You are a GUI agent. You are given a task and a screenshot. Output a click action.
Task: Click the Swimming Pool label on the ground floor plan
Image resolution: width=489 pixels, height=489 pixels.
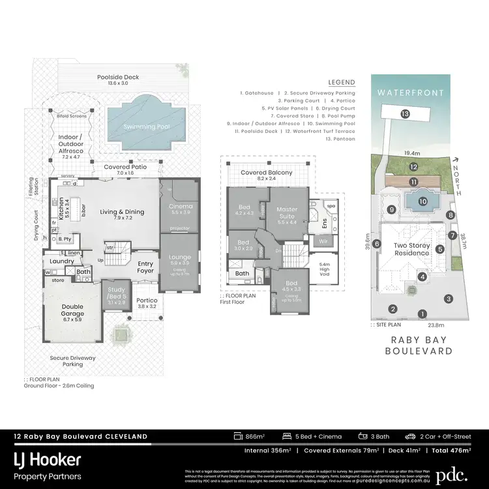coord(151,126)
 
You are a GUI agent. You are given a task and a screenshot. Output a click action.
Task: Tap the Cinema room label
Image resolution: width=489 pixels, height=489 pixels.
coord(176,209)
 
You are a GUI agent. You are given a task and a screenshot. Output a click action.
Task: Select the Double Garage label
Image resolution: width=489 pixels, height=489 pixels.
coord(72,314)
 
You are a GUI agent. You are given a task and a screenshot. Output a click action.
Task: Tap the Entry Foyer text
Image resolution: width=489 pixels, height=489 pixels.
coord(145,267)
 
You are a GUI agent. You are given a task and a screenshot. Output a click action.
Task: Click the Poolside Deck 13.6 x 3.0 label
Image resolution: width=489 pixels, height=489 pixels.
coord(118,80)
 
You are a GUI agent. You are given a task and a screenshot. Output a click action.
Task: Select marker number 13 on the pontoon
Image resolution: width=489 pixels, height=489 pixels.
coord(405,114)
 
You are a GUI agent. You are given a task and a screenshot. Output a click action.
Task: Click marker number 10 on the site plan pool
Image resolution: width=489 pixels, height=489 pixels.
coord(422,201)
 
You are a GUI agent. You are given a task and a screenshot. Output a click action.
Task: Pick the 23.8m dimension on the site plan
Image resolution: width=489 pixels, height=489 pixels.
coord(436,325)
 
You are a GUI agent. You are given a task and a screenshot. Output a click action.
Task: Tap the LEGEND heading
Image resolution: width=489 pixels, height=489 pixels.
coord(342,83)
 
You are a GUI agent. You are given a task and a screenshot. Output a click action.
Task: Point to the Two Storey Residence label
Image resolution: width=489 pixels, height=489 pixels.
coord(411,249)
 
